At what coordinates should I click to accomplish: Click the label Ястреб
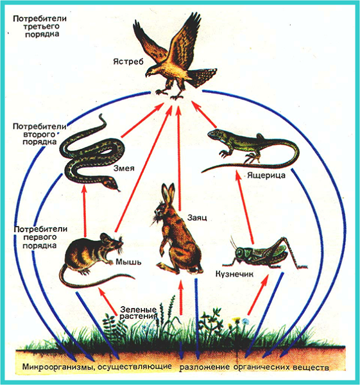[x=128, y=62]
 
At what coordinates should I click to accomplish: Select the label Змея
[x=124, y=168]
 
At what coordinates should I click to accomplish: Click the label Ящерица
[x=266, y=175]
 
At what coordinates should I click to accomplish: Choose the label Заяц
[x=197, y=218]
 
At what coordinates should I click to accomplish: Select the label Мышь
[x=128, y=262]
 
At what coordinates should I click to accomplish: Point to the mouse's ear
[x=105, y=237]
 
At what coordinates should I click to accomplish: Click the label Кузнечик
[x=234, y=274]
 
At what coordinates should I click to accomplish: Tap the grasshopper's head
[x=239, y=252]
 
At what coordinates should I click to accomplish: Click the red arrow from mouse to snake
[x=85, y=211]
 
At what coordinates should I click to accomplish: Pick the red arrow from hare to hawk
[x=179, y=158]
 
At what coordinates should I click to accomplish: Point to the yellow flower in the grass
[x=236, y=320]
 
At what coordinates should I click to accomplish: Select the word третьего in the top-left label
[x=41, y=26]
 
